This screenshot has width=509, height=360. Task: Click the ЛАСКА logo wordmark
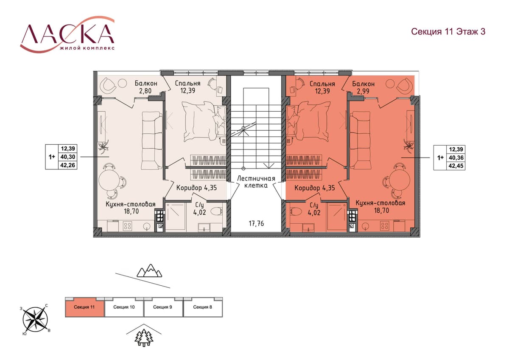coord(67,34)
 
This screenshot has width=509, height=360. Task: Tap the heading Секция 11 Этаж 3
coord(448,31)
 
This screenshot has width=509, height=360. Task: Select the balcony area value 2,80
coord(145,91)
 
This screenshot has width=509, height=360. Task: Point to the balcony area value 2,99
coord(363,91)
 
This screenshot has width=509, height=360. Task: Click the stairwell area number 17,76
coord(256,224)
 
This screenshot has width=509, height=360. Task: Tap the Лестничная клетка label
coord(256,182)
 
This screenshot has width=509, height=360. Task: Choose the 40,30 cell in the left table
coord(68,157)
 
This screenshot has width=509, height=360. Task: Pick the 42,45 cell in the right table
coord(456,166)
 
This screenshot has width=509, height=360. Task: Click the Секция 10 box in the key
coord(124,307)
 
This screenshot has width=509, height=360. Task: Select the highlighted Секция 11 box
coord(84,307)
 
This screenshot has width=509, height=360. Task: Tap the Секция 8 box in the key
coord(203,307)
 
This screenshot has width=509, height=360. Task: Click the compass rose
coord(35,319)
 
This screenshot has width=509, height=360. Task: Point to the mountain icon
coord(149,271)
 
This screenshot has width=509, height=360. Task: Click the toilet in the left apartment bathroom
coord(217,211)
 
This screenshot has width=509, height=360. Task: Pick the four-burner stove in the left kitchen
coord(127,225)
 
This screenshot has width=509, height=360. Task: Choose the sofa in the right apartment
coord(361,140)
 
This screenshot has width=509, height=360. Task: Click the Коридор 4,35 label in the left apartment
coord(196,188)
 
